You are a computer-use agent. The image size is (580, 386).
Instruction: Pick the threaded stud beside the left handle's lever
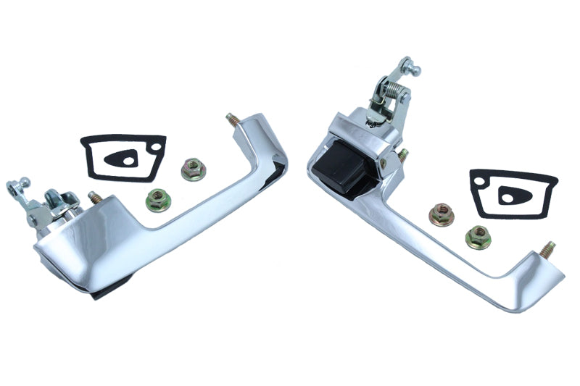94,196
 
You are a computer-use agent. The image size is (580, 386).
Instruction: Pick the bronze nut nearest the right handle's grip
440,214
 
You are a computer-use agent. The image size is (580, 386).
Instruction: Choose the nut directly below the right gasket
478,236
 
